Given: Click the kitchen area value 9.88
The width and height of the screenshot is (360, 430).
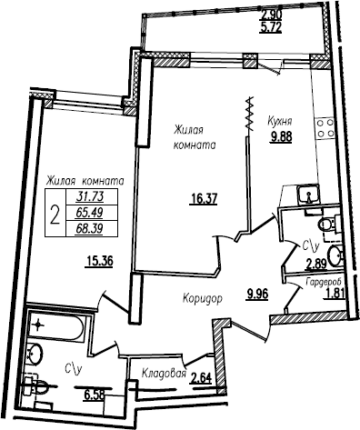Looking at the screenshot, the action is coord(282,137).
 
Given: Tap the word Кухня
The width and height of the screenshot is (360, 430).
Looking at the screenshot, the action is coord(279,122).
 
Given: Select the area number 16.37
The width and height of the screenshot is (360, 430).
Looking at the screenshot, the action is coord(204,200).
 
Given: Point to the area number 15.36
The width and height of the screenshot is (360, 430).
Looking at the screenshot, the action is coord(100,261).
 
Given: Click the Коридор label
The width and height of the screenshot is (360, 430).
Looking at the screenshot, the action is coord(202,298).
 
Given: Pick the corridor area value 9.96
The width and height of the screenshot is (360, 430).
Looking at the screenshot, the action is coord(257,294).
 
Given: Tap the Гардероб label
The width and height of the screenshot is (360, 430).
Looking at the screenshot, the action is coord(324,283).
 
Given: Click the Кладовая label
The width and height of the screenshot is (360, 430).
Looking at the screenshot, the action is coord(164,374).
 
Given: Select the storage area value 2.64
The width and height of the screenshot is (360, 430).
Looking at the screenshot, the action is coord(200,378).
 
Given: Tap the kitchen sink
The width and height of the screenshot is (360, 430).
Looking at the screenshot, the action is coord(307,195).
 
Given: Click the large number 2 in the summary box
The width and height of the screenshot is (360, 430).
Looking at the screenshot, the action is coord(55,214).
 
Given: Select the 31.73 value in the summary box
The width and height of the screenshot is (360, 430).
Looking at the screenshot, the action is coord(90,197).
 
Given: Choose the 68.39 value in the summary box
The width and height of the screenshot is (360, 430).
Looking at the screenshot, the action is coord(90,228).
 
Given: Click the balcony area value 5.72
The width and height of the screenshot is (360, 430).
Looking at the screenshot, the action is coord(271,27).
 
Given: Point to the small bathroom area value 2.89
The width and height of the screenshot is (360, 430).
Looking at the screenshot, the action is coord(316,265).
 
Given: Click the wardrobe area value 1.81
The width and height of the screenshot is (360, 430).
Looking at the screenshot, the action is coord(334,294).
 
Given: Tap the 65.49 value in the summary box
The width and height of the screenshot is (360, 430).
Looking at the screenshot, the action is coord(90,213).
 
